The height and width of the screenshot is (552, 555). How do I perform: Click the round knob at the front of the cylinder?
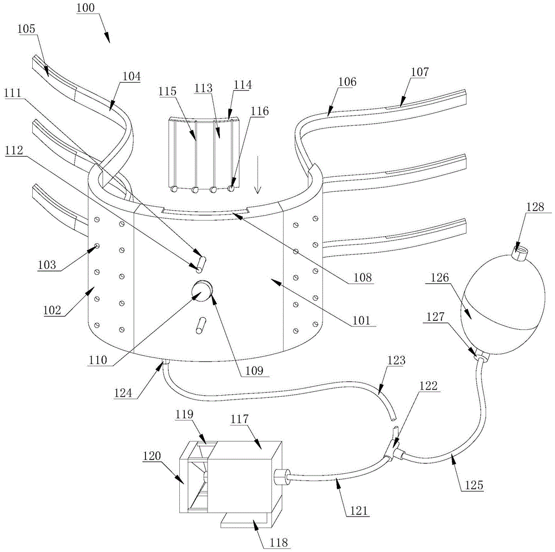click(203, 290)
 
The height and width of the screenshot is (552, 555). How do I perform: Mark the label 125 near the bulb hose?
click(471, 485)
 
